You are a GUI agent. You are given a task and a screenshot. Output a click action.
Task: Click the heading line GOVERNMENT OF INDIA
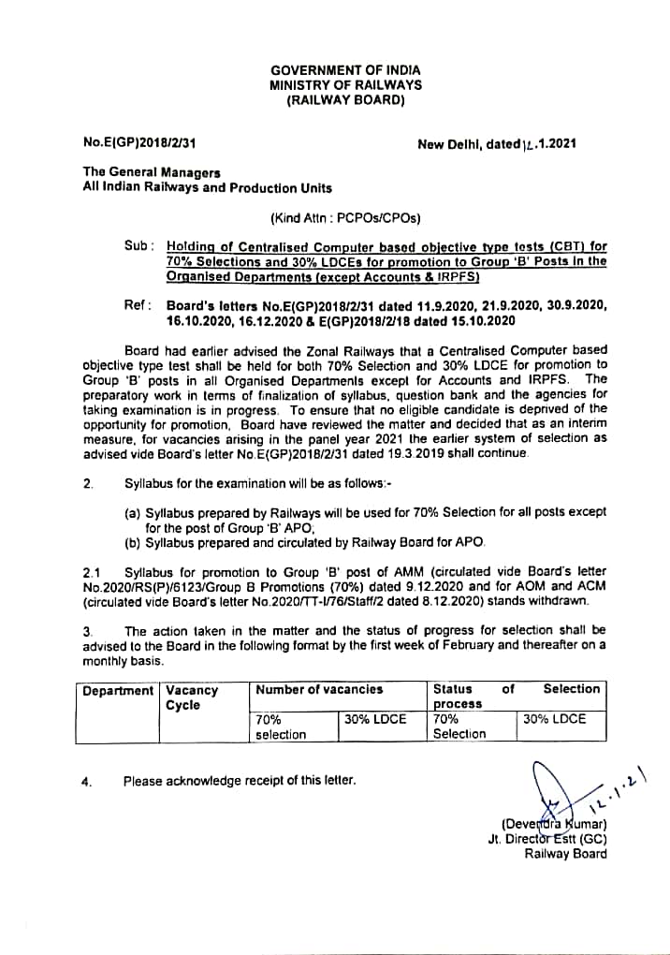345,70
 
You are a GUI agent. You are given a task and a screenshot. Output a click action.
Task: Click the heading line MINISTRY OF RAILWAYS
345,85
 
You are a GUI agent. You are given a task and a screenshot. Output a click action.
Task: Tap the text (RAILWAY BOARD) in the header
345,100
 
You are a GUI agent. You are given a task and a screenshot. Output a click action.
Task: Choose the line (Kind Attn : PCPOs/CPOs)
345,219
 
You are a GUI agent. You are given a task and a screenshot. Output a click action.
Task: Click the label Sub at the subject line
138,245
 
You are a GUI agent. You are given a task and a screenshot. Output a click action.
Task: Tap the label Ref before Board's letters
136,305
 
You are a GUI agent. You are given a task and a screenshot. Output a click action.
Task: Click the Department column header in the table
118,691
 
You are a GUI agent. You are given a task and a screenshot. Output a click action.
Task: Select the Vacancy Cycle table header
192,698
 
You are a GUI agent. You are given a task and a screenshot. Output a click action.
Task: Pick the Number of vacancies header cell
319,689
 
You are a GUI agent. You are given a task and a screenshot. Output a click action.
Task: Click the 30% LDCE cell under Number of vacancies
374,719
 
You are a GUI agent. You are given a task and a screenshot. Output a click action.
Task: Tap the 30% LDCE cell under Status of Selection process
554,719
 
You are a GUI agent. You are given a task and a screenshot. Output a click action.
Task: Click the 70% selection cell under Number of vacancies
281,727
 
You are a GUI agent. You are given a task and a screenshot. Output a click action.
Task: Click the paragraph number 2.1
92,571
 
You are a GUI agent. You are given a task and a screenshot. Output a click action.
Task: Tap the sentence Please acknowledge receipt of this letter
240,780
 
